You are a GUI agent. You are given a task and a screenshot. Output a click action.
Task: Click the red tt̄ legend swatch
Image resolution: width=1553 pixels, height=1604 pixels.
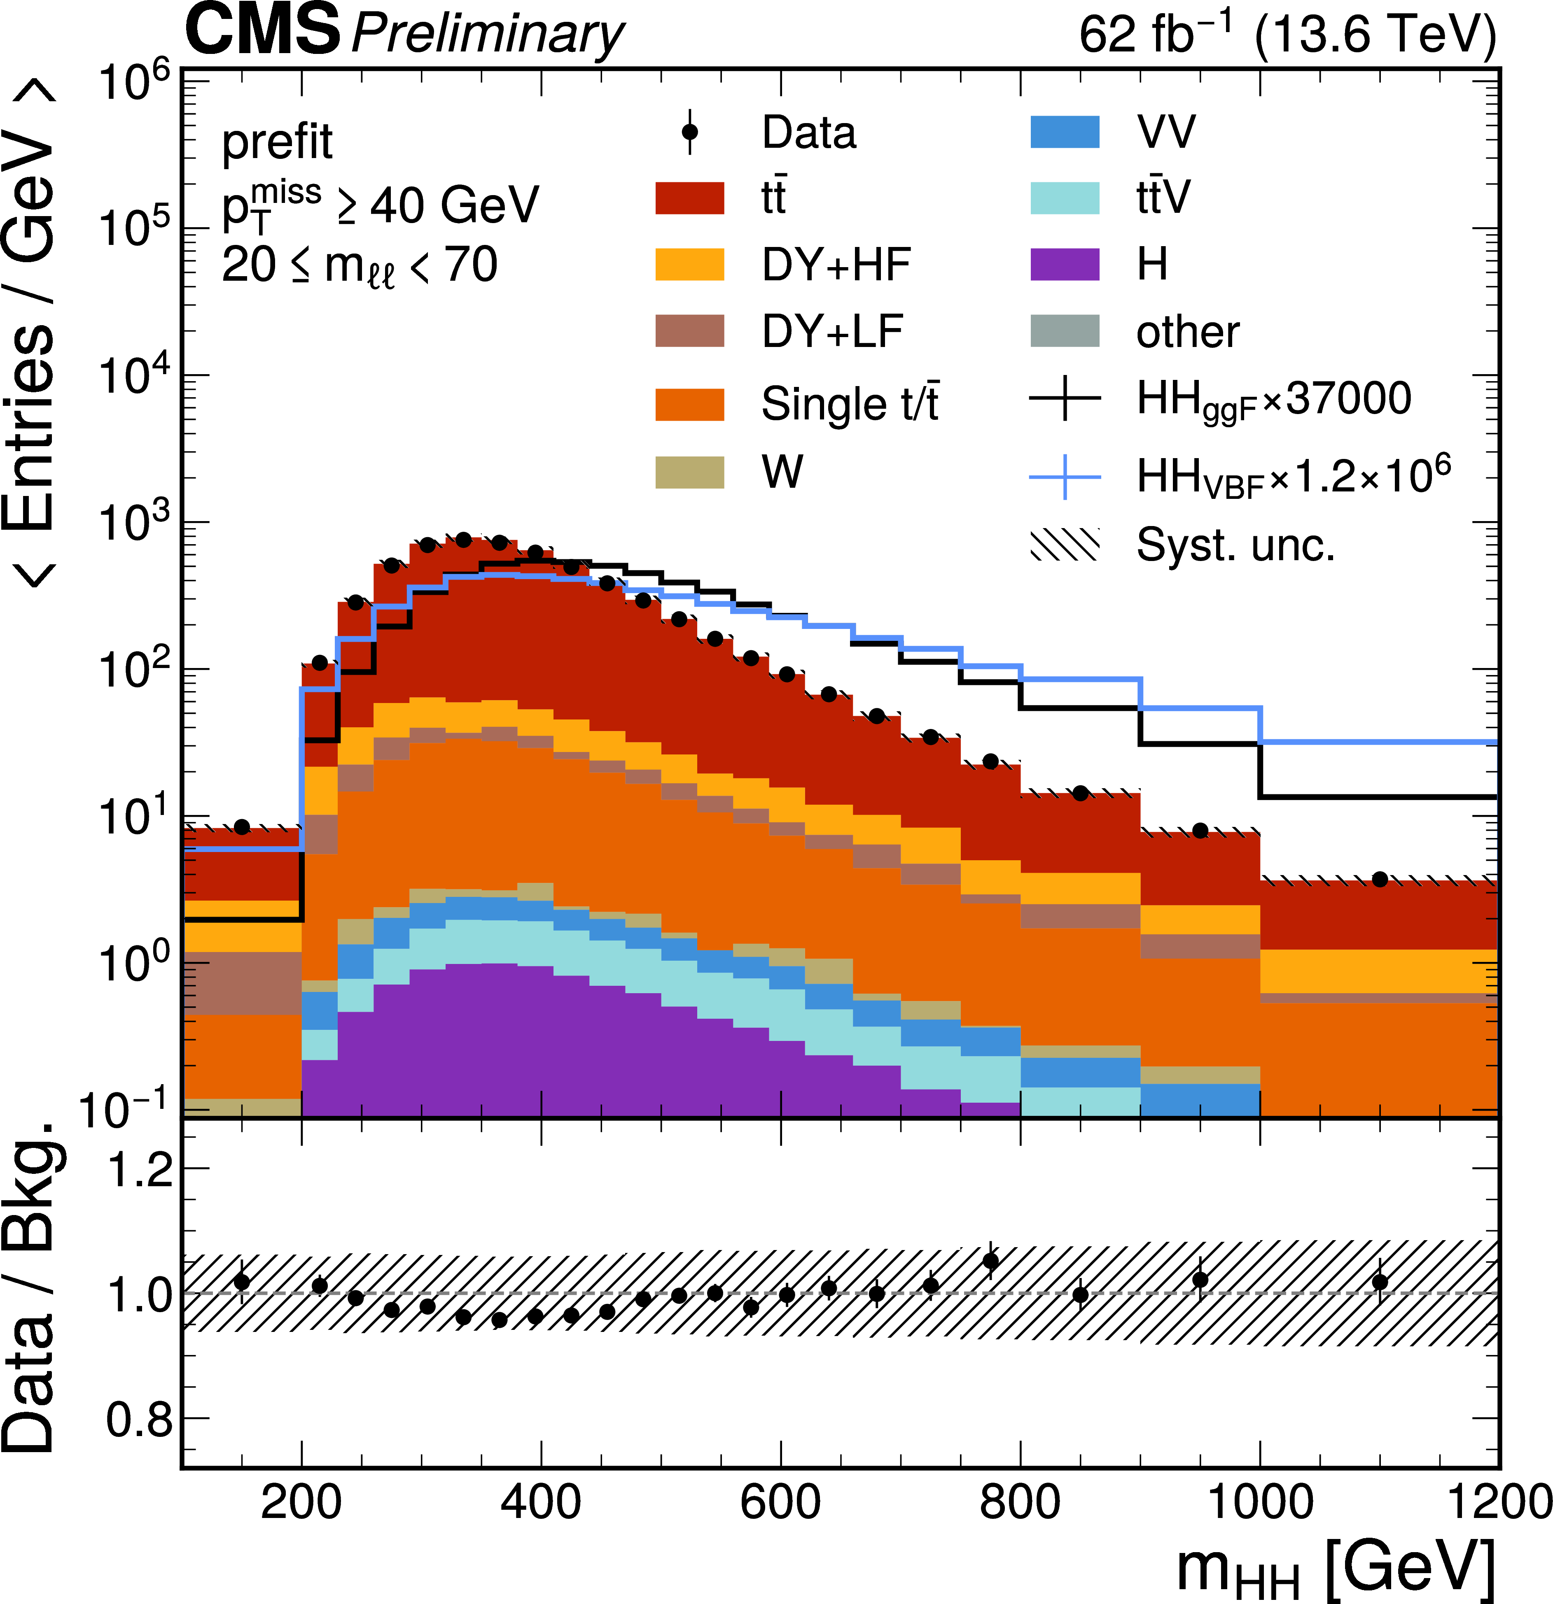click(689, 198)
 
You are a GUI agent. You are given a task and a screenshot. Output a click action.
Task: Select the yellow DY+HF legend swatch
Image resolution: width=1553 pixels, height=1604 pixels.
click(689, 264)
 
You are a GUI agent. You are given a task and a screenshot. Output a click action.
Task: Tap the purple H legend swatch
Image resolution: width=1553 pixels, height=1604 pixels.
click(1064, 264)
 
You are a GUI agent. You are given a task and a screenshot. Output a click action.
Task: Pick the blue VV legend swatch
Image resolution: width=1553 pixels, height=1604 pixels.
click(1064, 132)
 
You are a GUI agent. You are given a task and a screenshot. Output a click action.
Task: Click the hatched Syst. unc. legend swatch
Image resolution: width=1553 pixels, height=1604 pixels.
click(1064, 544)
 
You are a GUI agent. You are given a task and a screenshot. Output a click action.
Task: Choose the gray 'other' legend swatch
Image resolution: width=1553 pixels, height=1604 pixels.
click(1064, 331)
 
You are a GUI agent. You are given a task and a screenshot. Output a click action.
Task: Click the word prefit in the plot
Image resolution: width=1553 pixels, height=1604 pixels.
click(277, 142)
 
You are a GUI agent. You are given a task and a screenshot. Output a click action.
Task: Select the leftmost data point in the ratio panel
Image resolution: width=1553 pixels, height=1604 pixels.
click(241, 1282)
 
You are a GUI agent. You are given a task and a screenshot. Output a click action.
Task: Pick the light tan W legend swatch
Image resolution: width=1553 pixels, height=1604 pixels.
click(689, 472)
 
